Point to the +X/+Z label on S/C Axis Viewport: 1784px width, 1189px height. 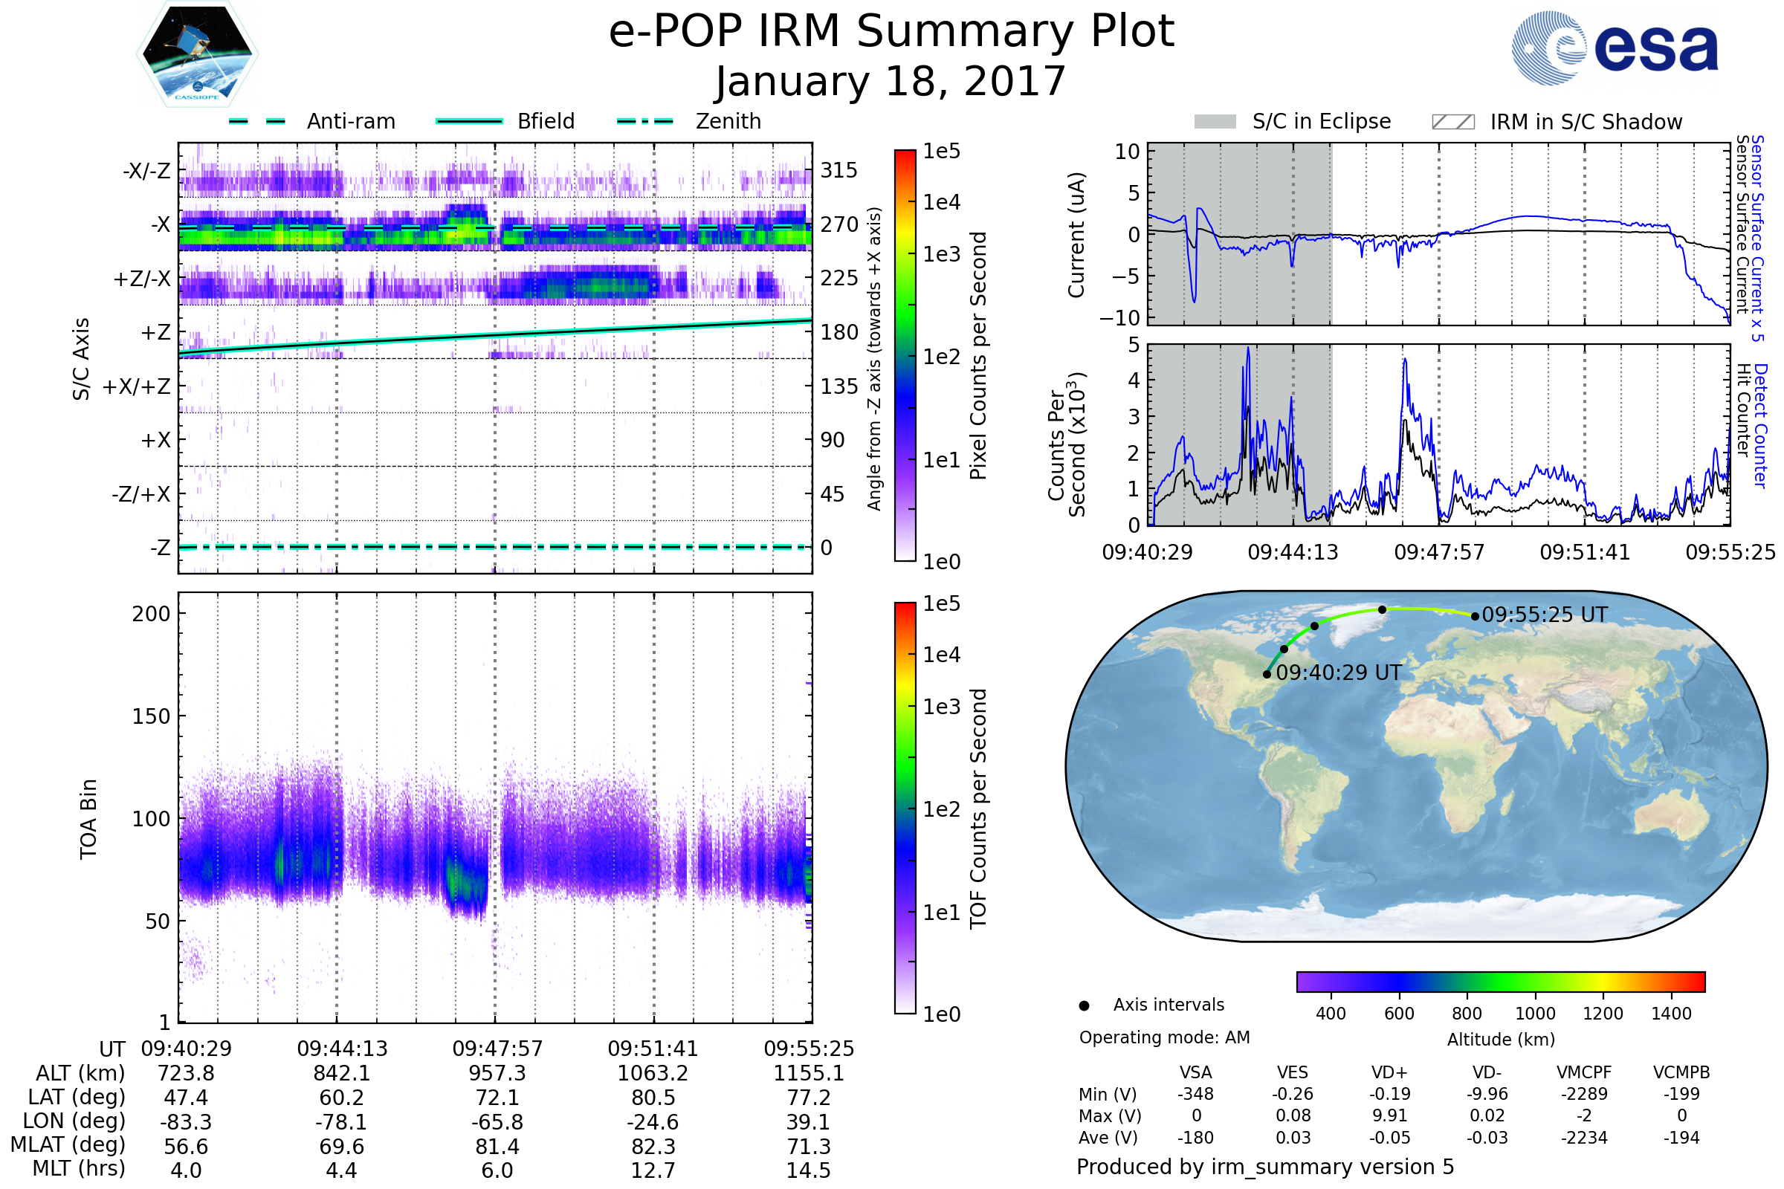(137, 386)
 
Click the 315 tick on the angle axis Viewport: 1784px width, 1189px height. (838, 170)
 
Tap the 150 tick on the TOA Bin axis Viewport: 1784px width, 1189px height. (151, 716)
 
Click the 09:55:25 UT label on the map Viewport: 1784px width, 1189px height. (1545, 615)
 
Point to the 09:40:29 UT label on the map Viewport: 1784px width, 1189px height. (1339, 673)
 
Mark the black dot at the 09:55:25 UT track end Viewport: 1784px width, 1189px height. (1475, 616)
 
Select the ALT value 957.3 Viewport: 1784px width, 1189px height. (497, 1074)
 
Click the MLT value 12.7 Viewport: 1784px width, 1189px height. (653, 1170)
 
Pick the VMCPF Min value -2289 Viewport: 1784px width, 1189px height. (1584, 1094)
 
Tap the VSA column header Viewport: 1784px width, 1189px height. (1195, 1073)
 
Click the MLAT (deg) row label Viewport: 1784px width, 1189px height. (68, 1145)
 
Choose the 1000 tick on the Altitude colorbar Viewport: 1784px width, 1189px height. (1534, 1014)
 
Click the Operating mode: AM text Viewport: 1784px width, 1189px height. (1164, 1037)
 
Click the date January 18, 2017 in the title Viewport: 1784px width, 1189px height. (891, 81)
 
